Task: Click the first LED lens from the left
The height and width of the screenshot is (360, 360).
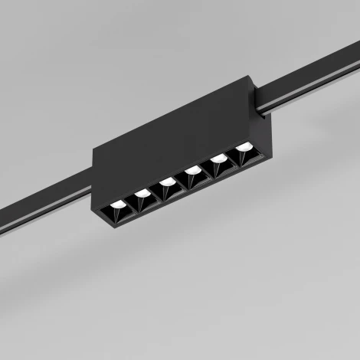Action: [x=117, y=205]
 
